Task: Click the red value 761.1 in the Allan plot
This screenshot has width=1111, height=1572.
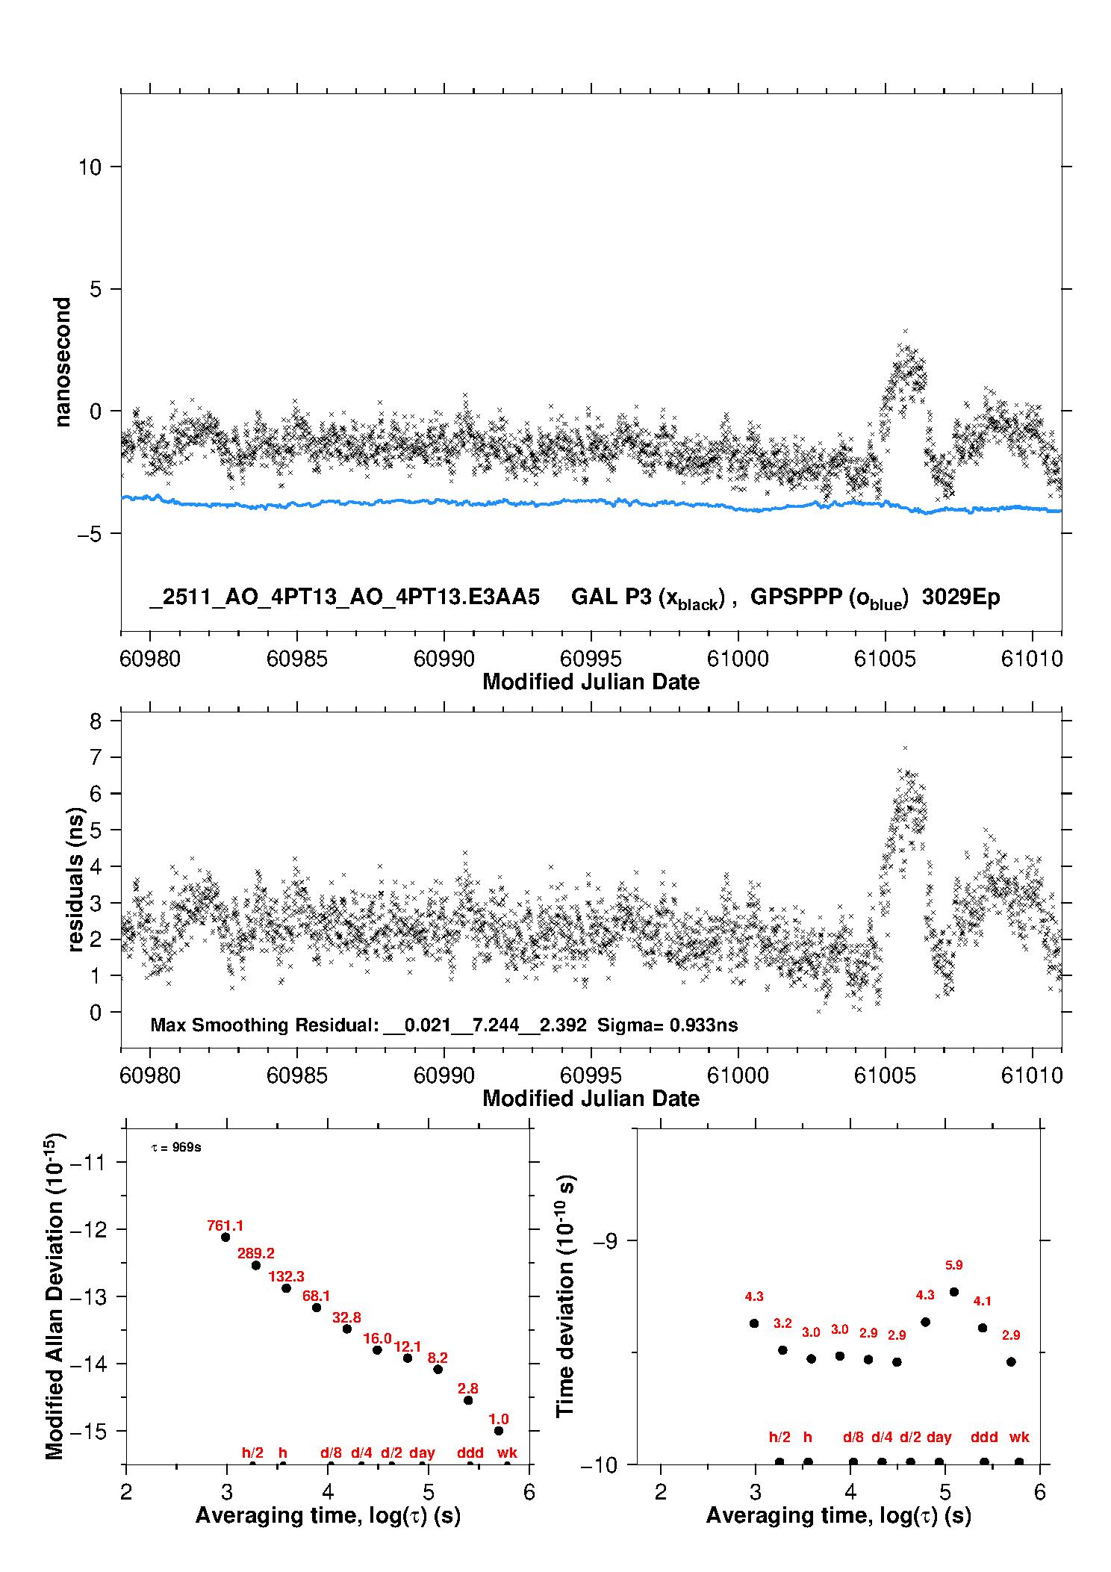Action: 225,1225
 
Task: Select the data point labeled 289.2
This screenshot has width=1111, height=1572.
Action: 256,1265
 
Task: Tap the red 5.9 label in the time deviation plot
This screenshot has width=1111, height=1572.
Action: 953,1265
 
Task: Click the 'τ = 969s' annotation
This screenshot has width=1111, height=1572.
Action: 176,1147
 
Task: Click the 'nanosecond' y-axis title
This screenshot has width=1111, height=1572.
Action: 63,362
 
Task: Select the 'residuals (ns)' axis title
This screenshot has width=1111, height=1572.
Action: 75,879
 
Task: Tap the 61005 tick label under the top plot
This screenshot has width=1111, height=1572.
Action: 885,659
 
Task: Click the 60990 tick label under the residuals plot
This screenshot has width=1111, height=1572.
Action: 444,1075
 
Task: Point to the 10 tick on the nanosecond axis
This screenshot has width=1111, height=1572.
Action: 90,167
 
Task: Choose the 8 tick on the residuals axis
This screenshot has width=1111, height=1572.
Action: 96,721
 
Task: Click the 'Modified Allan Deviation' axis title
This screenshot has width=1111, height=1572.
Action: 55,1296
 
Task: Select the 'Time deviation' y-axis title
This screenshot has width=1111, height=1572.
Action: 566,1296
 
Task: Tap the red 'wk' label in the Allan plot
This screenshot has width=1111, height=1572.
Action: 507,1453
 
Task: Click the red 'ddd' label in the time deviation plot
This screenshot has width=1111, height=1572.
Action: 984,1437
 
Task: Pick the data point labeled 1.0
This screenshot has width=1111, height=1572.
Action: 499,1431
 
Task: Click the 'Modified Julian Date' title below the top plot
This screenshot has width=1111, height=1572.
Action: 591,682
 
